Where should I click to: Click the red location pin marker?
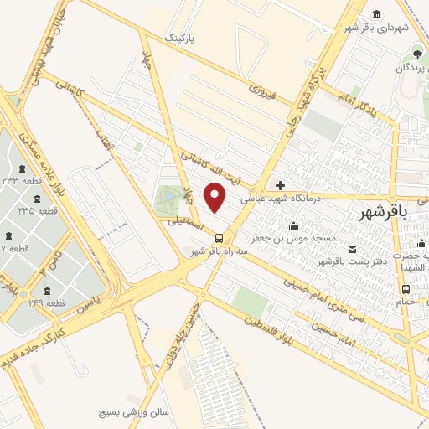click(x=216, y=197)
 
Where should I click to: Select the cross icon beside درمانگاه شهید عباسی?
click(x=280, y=185)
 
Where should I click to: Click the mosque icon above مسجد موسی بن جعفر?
click(x=292, y=225)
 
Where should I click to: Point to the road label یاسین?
click(x=95, y=300)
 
